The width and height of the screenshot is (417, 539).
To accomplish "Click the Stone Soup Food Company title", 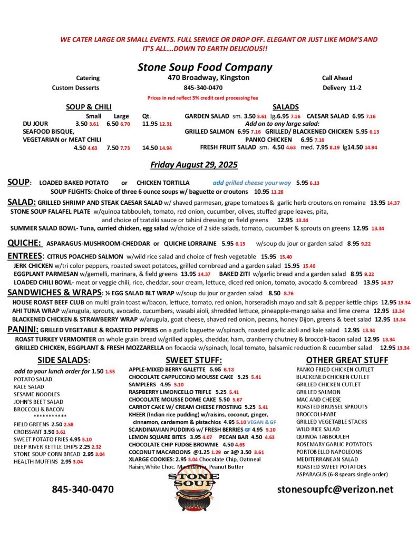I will tap(205, 67).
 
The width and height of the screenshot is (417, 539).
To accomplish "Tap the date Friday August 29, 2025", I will tap(193, 165).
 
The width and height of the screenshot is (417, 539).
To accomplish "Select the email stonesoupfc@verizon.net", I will tap(335, 489).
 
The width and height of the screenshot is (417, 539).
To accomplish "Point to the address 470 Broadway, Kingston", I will tap(205, 78).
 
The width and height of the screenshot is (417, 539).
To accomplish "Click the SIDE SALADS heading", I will tap(64, 361).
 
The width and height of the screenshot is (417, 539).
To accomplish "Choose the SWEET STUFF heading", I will tap(193, 361).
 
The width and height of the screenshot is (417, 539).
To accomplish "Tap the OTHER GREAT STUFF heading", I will tap(347, 361).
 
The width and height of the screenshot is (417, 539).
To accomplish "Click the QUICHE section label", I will tap(24, 243).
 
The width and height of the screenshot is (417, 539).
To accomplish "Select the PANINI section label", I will tap(22, 330).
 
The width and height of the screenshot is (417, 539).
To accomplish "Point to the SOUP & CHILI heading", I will tap(89, 107).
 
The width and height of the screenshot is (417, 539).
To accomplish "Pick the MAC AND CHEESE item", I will tap(318, 400).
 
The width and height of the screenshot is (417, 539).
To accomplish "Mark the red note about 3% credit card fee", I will tap(203, 97).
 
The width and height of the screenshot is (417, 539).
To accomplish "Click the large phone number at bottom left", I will tap(83, 489).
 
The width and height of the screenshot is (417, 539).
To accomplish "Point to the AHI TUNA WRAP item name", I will tap(35, 311).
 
